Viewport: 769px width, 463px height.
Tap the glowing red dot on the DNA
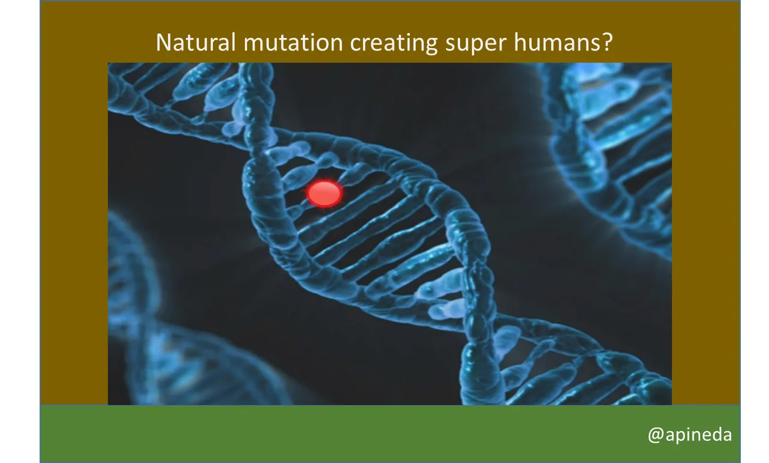pos(324,193)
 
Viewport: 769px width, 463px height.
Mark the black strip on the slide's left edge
pos(18,231)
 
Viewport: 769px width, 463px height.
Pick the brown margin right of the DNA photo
pos(705,234)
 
